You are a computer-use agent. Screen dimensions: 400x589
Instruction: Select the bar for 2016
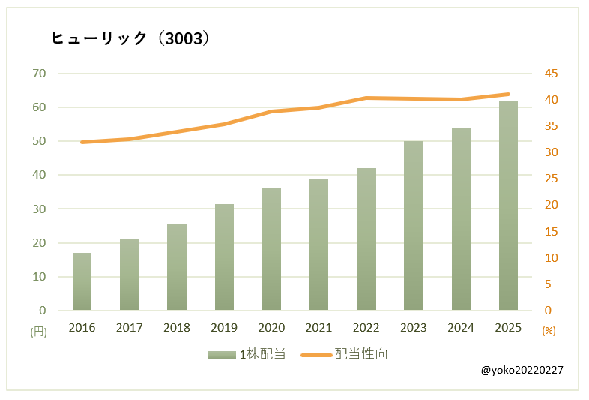click(x=82, y=281)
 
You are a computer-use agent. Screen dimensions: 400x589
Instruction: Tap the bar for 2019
click(x=224, y=257)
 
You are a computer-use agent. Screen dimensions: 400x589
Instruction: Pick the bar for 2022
click(x=366, y=239)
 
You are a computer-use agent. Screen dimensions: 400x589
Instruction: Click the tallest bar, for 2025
click(x=508, y=206)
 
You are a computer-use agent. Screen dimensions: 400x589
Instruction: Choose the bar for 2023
click(x=413, y=226)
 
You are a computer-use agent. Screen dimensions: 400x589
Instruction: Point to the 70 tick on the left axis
click(x=39, y=74)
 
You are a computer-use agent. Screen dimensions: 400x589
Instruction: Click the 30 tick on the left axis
click(x=39, y=209)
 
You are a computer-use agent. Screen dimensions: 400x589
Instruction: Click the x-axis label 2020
click(x=271, y=328)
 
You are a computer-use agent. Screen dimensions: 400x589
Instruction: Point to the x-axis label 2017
click(x=129, y=328)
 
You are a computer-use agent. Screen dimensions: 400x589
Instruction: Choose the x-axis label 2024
click(x=461, y=328)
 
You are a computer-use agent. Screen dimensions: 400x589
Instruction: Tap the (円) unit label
click(x=38, y=331)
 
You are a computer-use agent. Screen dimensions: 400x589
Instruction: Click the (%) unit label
click(x=548, y=331)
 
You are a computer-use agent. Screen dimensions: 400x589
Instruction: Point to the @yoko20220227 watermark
click(x=522, y=371)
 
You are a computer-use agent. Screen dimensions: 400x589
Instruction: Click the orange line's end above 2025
click(x=508, y=95)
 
